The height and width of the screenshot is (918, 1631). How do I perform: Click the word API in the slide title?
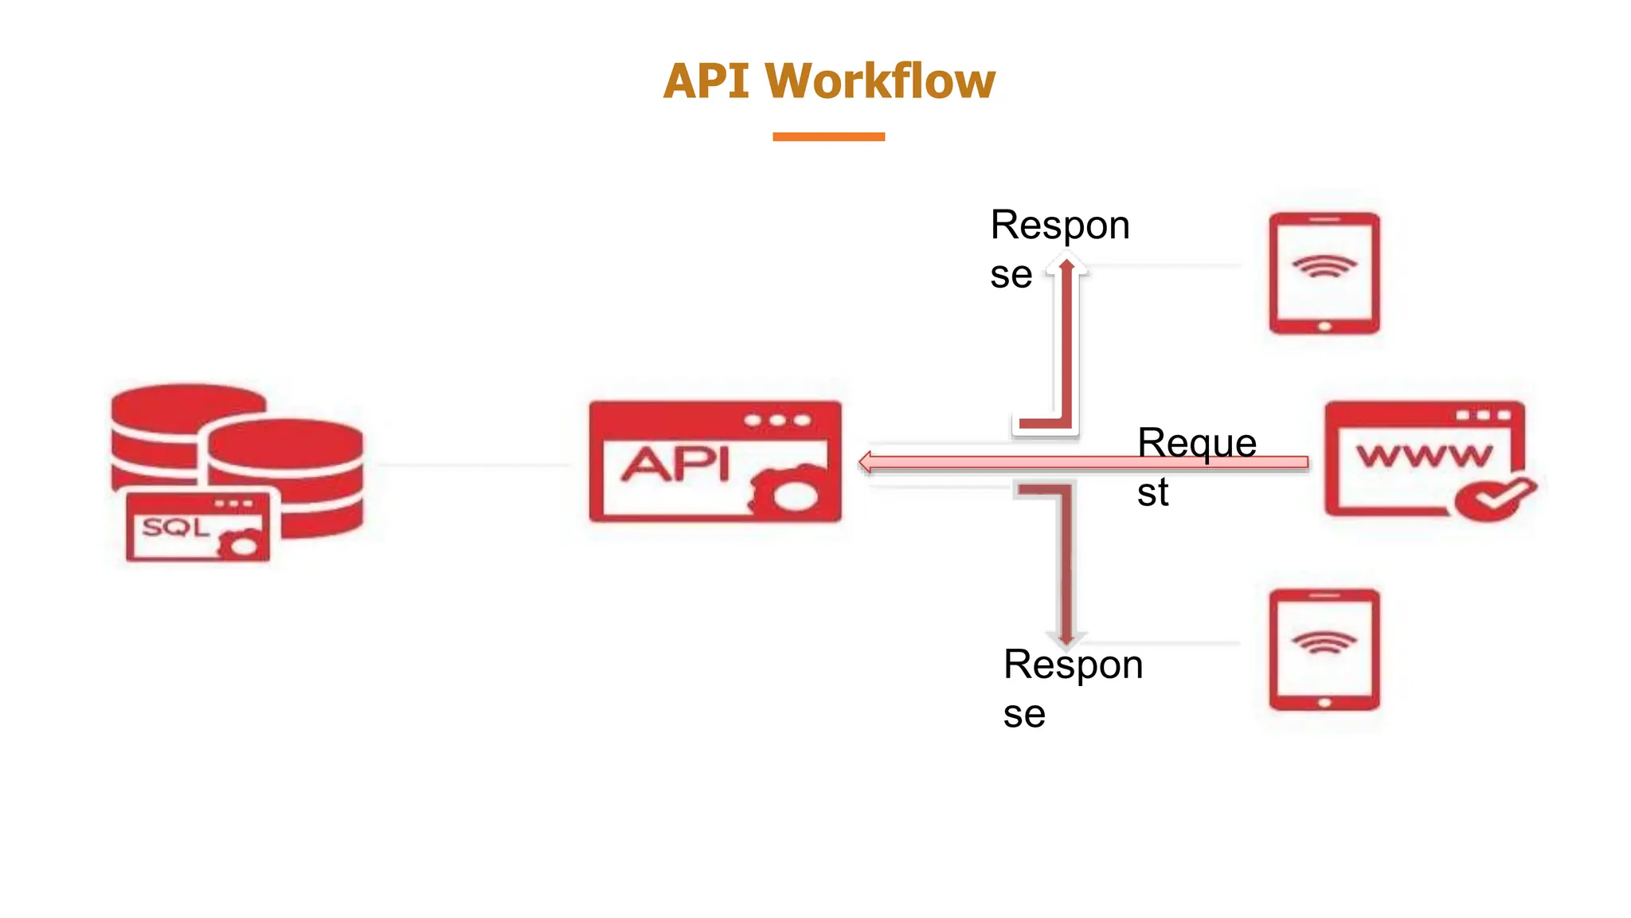(x=706, y=81)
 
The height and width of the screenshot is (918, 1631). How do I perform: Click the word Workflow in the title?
(x=879, y=81)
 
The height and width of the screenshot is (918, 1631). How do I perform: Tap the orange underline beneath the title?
(x=828, y=137)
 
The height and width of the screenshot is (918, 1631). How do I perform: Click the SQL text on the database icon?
(x=175, y=527)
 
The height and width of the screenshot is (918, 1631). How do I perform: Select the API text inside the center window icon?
(x=675, y=464)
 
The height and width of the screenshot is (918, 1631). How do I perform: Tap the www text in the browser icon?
(x=1425, y=456)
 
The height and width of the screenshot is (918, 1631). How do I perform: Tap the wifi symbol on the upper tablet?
(x=1324, y=266)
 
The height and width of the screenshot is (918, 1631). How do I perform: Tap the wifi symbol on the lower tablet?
(x=1324, y=642)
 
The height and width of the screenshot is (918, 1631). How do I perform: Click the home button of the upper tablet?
(x=1324, y=327)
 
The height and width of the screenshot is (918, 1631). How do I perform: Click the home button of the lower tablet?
(x=1324, y=703)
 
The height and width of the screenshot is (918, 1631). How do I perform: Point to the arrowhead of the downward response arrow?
(x=1067, y=637)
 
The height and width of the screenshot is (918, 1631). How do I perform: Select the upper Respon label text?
(x=1059, y=226)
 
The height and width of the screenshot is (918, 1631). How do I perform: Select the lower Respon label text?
(x=1073, y=665)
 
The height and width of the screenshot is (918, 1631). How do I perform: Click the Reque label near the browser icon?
(x=1196, y=444)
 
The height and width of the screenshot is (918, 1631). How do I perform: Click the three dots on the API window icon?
(x=777, y=421)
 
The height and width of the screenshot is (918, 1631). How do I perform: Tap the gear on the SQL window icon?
(x=241, y=545)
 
